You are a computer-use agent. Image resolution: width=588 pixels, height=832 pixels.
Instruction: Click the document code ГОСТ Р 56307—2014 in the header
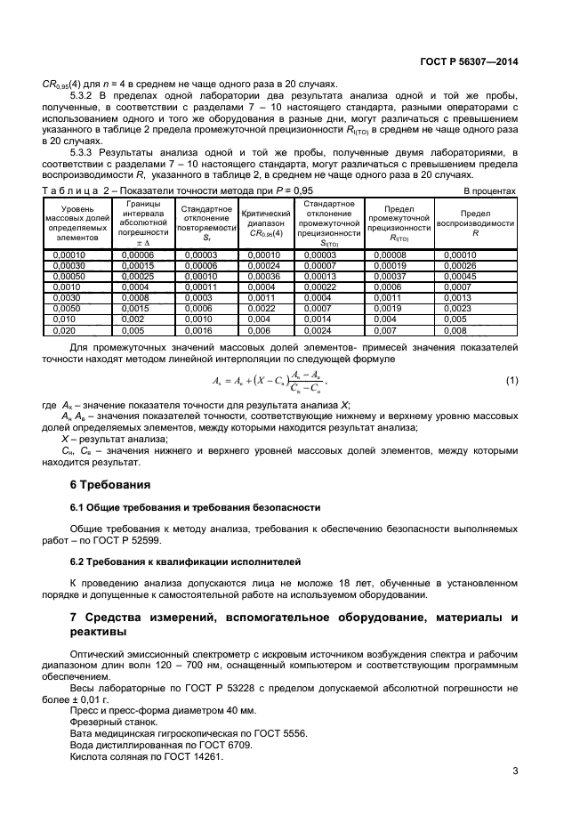470,62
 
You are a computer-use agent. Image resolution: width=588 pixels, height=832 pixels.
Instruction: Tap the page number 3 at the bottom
515,771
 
